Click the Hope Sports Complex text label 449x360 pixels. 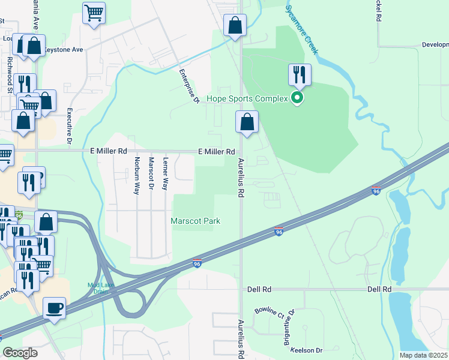247,98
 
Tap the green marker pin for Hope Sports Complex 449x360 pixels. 297,98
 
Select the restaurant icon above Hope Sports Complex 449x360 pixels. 299,74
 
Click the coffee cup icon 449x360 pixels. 55,308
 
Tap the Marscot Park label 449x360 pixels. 196,221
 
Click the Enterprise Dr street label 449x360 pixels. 188,86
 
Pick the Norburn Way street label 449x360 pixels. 137,175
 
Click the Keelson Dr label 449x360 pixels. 306,350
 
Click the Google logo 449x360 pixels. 20,353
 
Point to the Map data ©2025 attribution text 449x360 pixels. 423,355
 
